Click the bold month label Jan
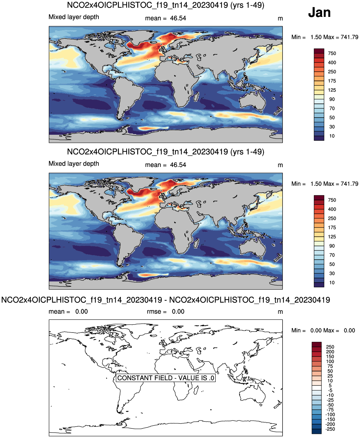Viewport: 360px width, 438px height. pos(319,12)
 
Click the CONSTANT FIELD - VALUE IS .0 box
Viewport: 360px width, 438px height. pos(166,378)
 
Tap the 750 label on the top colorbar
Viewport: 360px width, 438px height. pos(332,54)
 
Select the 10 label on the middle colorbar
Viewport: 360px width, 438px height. pos(332,283)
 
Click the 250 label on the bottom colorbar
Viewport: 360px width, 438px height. pos(330,347)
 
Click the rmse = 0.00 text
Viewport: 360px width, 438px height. pos(166,312)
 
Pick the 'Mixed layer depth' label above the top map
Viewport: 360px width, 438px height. pos(74,17)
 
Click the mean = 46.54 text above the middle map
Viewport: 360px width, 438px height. pos(166,165)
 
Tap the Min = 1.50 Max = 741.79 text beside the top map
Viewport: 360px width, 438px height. pos(325,37)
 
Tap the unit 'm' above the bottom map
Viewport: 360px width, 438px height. pos(280,312)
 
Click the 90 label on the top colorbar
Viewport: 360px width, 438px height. pos(332,99)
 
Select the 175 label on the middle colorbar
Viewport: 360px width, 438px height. pos(332,227)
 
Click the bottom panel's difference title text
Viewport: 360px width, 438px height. pos(166,300)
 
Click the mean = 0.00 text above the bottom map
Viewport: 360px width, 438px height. pos(68,312)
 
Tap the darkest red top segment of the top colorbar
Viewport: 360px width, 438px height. pos(319,51)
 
